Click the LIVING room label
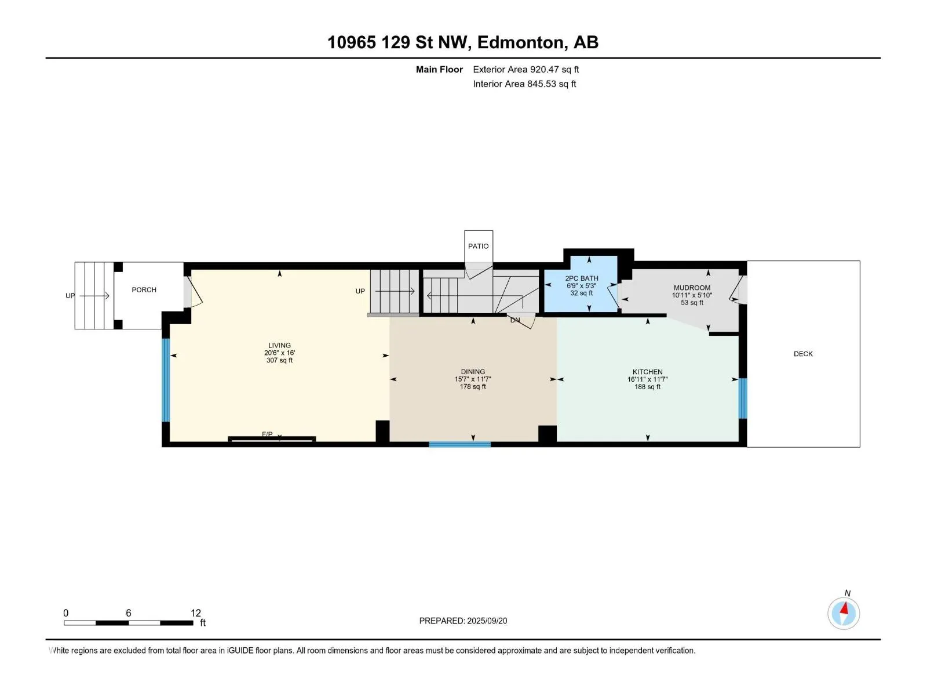(279, 345)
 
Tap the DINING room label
(473, 372)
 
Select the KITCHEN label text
(647, 372)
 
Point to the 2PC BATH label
(582, 278)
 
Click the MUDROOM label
(692, 288)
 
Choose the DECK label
(803, 354)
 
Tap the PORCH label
(144, 290)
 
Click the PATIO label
(478, 246)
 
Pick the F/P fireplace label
(267, 434)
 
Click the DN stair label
(515, 320)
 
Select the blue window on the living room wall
(166, 380)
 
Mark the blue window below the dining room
(459, 444)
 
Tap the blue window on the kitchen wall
(742, 398)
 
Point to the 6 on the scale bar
(129, 612)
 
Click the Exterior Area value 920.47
(544, 69)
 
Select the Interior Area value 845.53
(541, 84)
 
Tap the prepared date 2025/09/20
(487, 621)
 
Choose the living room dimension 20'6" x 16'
(280, 353)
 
